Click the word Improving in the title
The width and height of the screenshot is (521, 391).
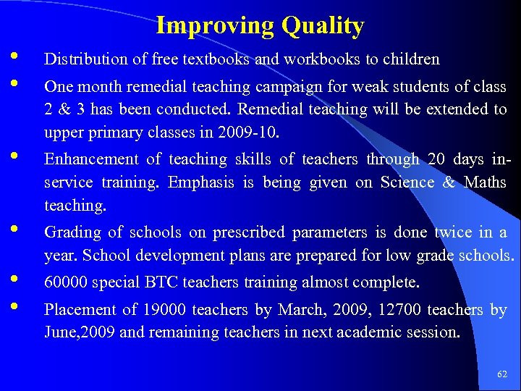pyautogui.click(x=215, y=26)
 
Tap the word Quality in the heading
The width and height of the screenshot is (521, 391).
pyautogui.click(x=323, y=26)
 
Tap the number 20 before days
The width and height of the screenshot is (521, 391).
pyautogui.click(x=436, y=159)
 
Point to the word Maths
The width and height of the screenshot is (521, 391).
pyautogui.click(x=485, y=182)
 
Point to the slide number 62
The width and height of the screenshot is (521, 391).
pyautogui.click(x=502, y=374)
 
